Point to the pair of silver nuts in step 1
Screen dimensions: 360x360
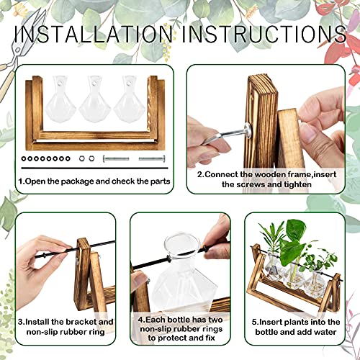[x=86, y=157]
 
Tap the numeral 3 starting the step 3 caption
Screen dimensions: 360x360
[x=22, y=322]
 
